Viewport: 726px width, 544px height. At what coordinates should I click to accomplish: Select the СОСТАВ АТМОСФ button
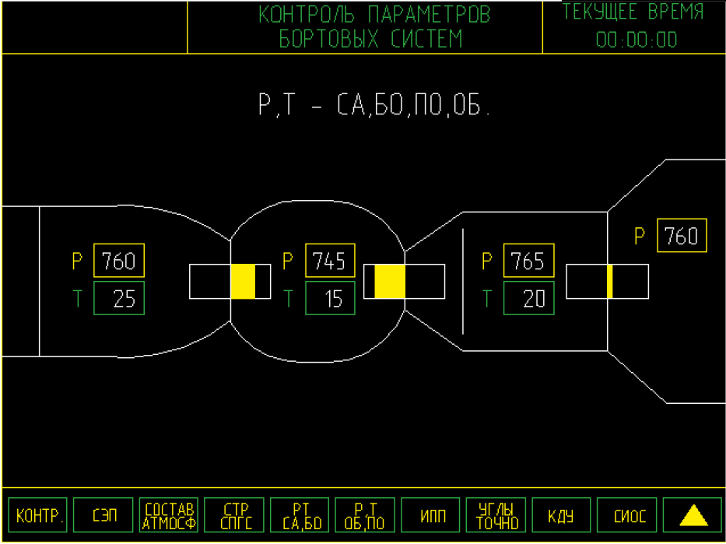point(170,516)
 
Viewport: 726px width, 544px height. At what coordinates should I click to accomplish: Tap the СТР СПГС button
point(235,516)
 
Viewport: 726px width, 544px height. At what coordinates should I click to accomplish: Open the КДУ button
point(561,516)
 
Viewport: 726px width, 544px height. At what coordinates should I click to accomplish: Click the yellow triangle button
point(693,516)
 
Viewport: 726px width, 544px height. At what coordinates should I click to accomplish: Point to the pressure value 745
point(330,261)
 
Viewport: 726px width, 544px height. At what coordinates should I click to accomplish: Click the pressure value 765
point(528,261)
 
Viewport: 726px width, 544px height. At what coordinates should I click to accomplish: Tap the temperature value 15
point(330,299)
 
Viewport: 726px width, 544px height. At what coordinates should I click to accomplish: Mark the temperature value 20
point(528,299)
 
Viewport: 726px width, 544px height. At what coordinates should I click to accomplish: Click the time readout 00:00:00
point(636,40)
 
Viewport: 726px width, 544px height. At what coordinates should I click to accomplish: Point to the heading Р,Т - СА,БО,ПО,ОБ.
point(375,105)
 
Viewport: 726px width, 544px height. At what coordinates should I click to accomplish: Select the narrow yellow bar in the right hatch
point(610,281)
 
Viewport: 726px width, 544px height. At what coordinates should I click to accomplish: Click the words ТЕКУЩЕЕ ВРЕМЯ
point(633,13)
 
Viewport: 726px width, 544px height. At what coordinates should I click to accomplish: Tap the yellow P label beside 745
point(288,261)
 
